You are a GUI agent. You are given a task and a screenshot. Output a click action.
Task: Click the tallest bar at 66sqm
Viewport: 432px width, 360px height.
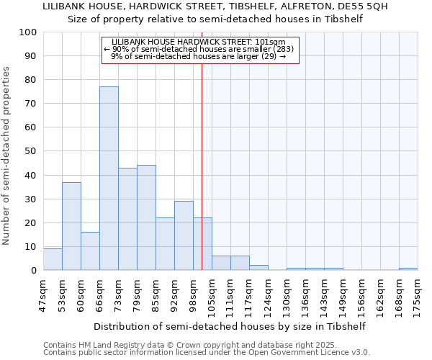pos(109,179)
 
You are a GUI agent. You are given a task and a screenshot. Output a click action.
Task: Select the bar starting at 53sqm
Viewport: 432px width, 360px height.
pos(71,226)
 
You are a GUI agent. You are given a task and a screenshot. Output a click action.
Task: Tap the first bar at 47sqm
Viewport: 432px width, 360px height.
pos(53,259)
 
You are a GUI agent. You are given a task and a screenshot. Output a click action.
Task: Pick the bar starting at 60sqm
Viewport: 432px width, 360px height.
pos(90,251)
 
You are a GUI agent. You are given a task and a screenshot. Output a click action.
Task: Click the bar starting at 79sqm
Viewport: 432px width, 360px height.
pos(146,217)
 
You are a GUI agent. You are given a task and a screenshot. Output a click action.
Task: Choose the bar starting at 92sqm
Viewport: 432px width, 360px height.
pos(184,235)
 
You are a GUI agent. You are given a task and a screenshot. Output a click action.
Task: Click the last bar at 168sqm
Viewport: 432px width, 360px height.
pos(408,269)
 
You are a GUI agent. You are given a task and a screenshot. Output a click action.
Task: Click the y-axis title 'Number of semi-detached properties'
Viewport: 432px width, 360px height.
pos(7,156)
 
